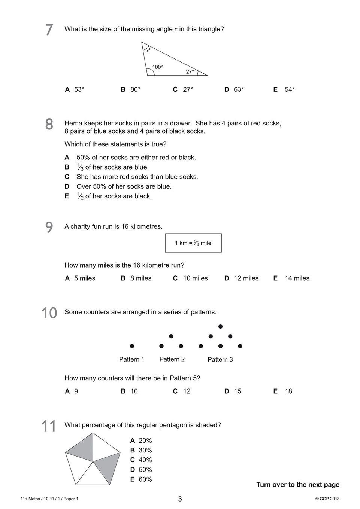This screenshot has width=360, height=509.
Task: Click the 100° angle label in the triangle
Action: point(157,67)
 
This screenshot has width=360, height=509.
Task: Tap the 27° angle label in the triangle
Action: point(190,72)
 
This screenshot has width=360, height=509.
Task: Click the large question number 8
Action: point(49,124)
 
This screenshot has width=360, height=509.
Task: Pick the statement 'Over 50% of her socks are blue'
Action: point(124,186)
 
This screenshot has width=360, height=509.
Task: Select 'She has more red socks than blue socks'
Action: point(137,177)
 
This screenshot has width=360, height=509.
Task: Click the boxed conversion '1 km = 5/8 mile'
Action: point(193,243)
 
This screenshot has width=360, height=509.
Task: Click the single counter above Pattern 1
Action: point(132,346)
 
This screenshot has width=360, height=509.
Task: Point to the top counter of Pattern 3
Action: point(220,327)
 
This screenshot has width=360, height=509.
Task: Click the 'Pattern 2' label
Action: point(172,359)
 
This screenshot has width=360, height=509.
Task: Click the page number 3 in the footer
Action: point(180,499)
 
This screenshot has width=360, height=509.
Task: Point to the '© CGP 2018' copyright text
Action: point(327,499)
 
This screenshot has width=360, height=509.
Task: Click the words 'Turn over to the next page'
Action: point(298,485)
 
